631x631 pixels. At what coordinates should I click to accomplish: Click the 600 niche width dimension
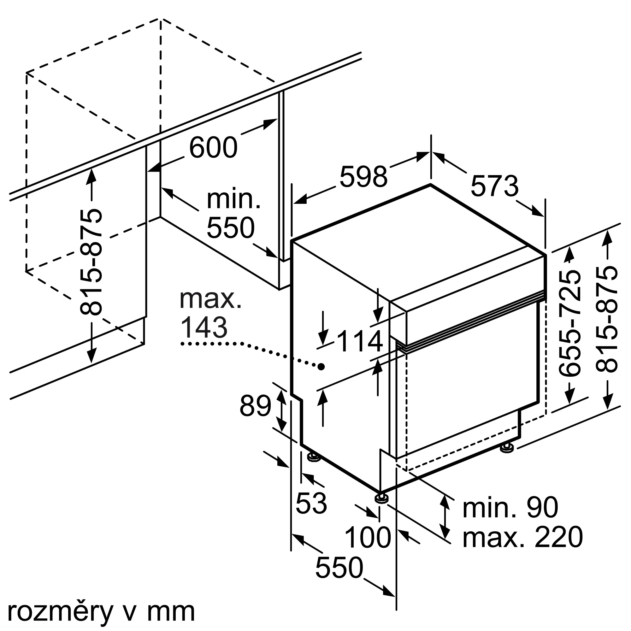pyautogui.click(x=213, y=148)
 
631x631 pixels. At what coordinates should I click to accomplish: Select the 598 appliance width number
pyautogui.click(x=363, y=176)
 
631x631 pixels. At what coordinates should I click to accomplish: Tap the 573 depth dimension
pyautogui.click(x=494, y=186)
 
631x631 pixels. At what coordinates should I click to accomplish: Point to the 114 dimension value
pyautogui.click(x=360, y=341)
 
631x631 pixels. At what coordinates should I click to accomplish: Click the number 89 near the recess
pyautogui.click(x=256, y=406)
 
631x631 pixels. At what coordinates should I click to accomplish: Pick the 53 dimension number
pyautogui.click(x=311, y=503)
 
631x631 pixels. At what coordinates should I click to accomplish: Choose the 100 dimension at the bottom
pyautogui.click(x=368, y=538)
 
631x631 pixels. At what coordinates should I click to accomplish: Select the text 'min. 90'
pyautogui.click(x=510, y=508)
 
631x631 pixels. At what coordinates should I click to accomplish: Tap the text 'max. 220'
pyautogui.click(x=522, y=537)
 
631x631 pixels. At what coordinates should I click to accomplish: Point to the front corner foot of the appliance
pyautogui.click(x=381, y=507)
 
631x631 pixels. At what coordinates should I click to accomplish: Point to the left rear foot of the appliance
pyautogui.click(x=314, y=457)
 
